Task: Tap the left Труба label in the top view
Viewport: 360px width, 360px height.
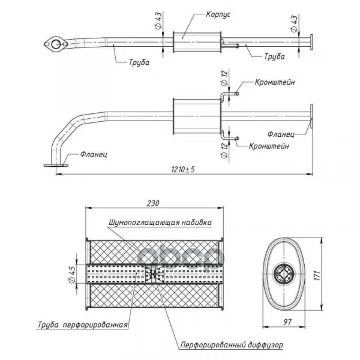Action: point(138,62)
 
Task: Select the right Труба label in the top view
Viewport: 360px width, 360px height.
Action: point(273,56)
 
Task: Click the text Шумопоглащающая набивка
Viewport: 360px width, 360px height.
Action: point(160,222)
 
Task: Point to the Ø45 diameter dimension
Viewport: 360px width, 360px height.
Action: point(73,273)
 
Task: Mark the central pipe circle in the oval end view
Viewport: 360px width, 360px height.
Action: point(284,275)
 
